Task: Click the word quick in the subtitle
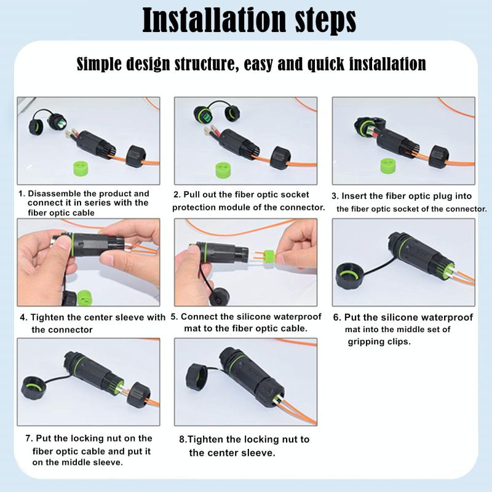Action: [x=325, y=64]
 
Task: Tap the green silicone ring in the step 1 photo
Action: [x=81, y=168]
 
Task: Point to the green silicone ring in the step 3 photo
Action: [x=389, y=166]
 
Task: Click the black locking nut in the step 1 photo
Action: [x=136, y=156]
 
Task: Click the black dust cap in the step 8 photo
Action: [x=196, y=377]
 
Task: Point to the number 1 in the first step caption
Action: [x=21, y=194]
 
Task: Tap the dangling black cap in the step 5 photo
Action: [x=220, y=297]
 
